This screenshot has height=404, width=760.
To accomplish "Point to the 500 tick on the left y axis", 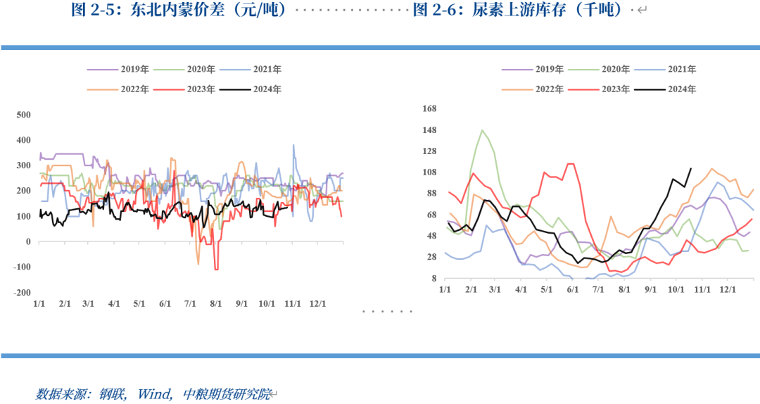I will [23, 115].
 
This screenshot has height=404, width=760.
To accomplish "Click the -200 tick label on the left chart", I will [23, 293].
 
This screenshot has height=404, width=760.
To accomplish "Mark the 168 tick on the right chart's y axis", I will [429, 108].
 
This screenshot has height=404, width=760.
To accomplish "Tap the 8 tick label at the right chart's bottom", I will [433, 279].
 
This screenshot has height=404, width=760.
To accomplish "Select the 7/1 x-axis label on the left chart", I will [190, 303].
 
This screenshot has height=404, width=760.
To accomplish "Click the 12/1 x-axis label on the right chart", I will [727, 289].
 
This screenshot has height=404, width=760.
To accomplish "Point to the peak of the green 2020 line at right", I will [482, 130].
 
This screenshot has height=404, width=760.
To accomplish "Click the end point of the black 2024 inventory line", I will [690, 168].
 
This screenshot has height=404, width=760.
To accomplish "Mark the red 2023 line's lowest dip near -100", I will [216, 269].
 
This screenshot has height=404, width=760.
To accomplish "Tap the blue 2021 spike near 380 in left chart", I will [293, 146].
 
